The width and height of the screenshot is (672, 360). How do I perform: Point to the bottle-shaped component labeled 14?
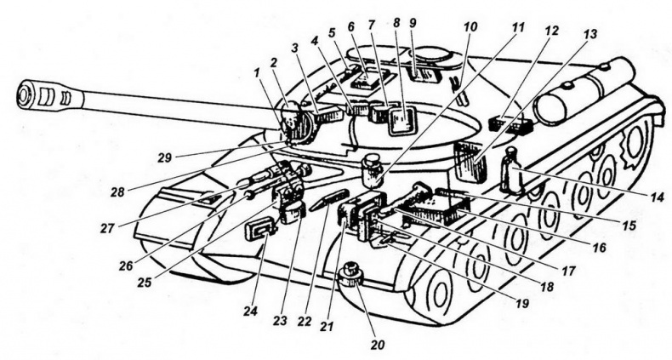pyautogui.click(x=511, y=170)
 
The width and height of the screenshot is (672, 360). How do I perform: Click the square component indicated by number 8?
pyautogui.click(x=398, y=121)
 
